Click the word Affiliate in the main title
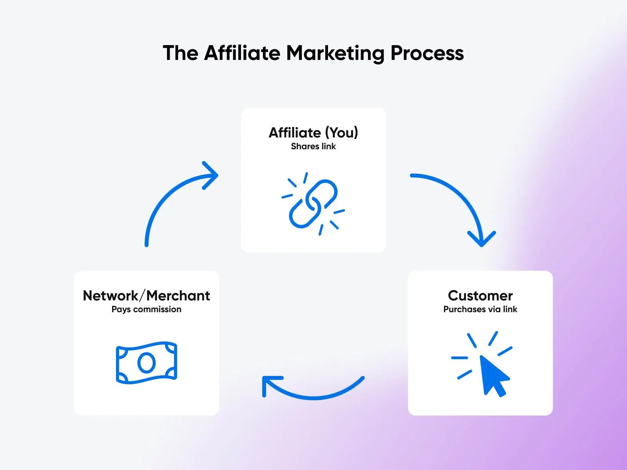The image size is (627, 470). point(242,53)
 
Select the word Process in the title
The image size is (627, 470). point(427,53)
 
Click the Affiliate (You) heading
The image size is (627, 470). point(313,133)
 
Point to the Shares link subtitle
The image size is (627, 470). point(313,146)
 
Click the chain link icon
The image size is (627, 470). point(313,204)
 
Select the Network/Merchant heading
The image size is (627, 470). point(146,295)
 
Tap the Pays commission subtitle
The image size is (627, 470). point(146,310)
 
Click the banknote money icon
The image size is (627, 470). point(146,363)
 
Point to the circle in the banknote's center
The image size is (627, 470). point(146,363)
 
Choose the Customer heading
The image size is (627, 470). point(480,296)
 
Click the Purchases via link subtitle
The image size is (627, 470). point(480,309)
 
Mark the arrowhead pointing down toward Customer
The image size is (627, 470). point(482,240)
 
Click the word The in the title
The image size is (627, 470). point(181,53)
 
